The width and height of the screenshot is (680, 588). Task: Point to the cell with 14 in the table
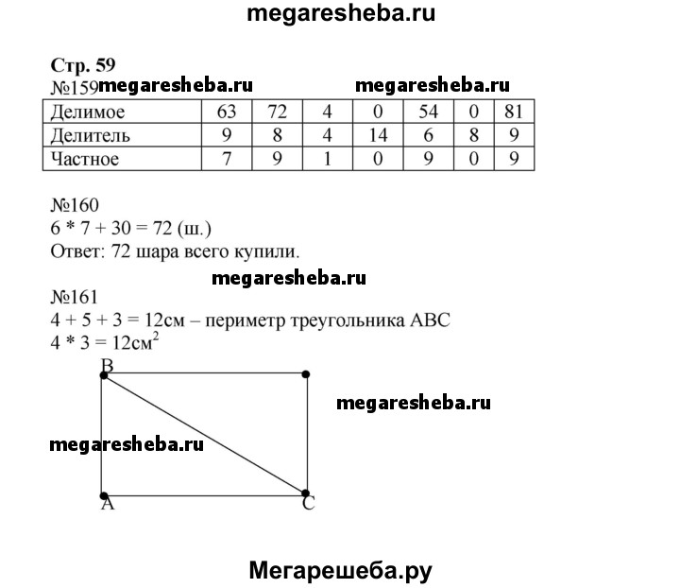click(378, 135)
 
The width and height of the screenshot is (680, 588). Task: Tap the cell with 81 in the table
click(515, 112)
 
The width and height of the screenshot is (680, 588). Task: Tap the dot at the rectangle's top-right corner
click(306, 375)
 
